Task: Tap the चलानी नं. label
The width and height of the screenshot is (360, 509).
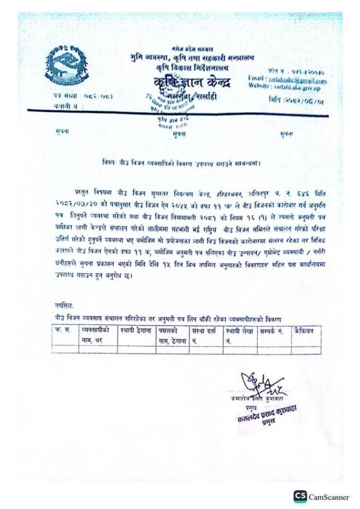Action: pyautogui.click(x=56, y=105)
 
